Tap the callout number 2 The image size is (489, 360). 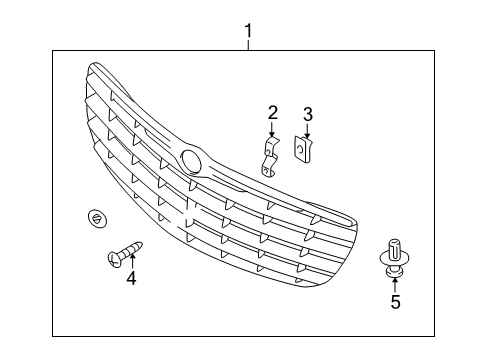(272, 112)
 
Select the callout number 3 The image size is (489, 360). (307, 114)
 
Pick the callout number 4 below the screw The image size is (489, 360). (130, 278)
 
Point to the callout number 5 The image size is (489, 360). (395, 302)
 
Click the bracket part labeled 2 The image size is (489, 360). (269, 156)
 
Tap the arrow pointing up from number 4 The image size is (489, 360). (130, 262)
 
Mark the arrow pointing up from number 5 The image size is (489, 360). (395, 283)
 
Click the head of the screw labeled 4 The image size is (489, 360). (113, 259)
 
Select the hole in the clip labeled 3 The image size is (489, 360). (300, 149)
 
